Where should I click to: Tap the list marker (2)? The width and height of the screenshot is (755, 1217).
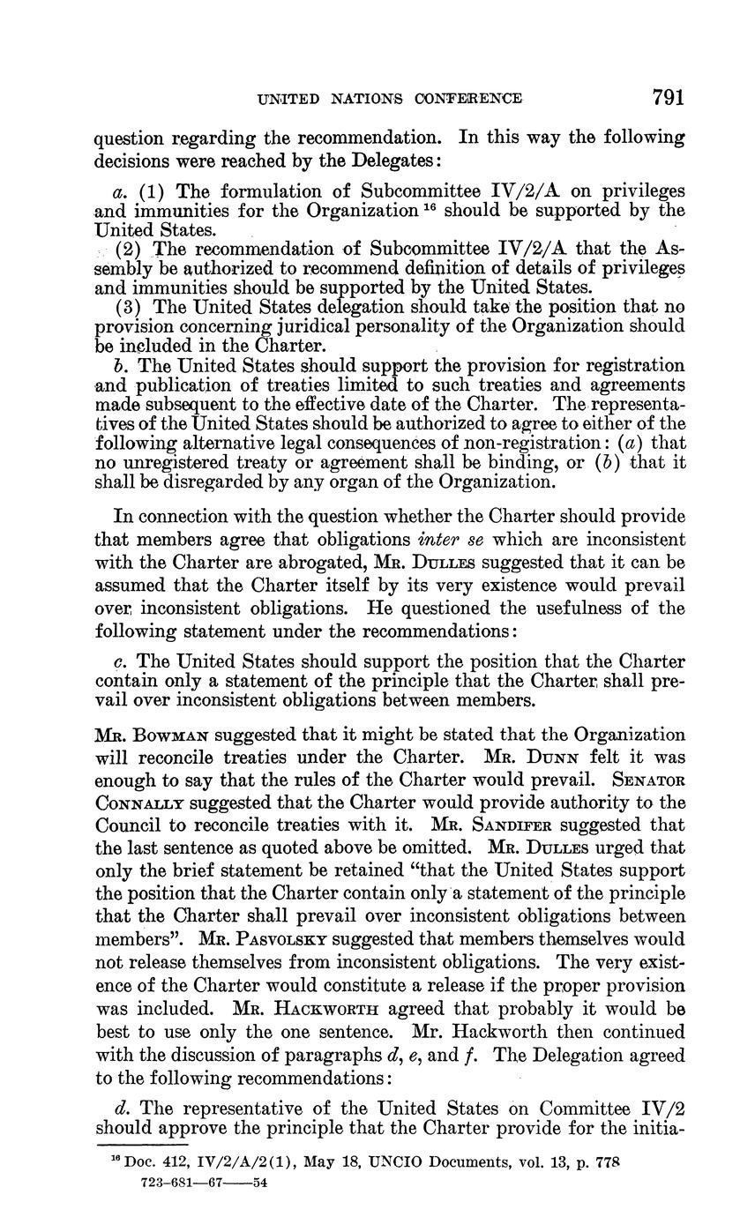(x=130, y=249)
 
